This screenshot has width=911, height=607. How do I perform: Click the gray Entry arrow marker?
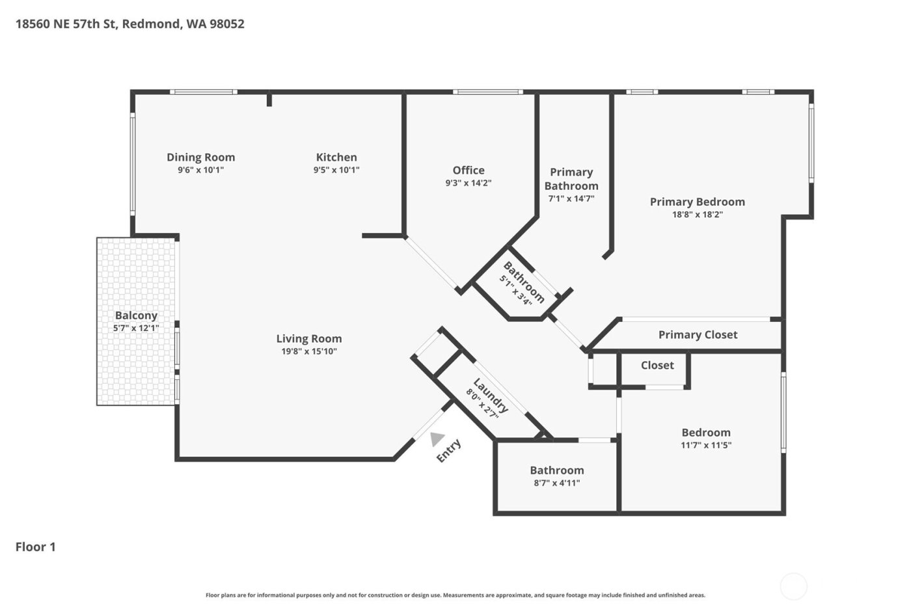(437, 439)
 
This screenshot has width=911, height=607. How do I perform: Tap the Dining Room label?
(200, 157)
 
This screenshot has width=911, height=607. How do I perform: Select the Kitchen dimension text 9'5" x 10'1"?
(336, 170)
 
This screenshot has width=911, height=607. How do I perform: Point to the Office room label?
(469, 170)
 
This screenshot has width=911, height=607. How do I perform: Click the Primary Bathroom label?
(571, 179)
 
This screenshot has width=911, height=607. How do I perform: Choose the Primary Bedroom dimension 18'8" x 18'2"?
(698, 214)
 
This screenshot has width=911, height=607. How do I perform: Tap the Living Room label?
(309, 338)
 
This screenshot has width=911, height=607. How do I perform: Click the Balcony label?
(136, 316)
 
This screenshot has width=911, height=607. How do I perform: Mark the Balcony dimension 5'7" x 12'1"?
(136, 328)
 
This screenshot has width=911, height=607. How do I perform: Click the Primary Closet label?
(698, 334)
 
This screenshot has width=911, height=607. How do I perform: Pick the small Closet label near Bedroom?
(657, 365)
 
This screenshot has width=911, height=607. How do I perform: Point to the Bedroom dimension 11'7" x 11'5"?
(706, 445)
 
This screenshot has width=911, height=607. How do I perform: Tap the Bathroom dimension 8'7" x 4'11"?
(556, 483)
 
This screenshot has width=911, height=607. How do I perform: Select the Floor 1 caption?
(36, 546)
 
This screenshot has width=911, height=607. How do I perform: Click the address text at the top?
(130, 24)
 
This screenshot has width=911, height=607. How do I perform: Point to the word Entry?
(448, 451)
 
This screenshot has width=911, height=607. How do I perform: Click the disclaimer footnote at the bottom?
(455, 595)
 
